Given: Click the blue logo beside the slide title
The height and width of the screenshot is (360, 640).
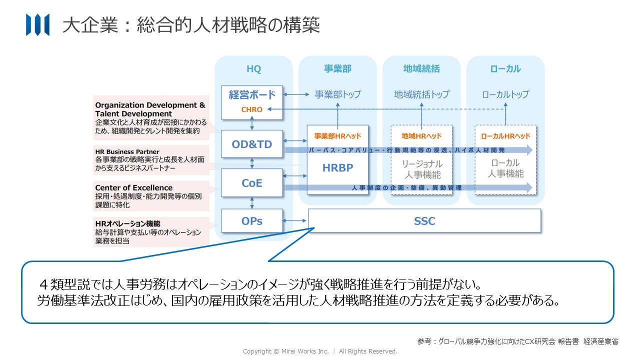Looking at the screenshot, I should pos(37,24).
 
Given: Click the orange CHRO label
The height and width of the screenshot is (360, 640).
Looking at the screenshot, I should pos(252,109).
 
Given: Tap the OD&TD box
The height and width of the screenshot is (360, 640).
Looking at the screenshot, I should pos(252,144).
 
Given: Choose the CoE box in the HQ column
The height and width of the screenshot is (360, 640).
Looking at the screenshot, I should pos(252,183).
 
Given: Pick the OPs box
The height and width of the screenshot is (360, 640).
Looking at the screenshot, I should pos(252,220).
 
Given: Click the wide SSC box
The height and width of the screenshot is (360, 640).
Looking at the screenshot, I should pos(424,220).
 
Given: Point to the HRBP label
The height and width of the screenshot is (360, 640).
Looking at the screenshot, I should pos(337,168).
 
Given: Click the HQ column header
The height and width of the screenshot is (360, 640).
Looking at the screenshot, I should pos(253,69).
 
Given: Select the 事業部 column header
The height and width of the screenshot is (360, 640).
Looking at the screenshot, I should pos(337,69).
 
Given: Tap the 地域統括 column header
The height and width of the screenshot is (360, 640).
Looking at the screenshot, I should pos(421,69).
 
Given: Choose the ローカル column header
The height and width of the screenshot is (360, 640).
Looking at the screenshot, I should pos(505,69).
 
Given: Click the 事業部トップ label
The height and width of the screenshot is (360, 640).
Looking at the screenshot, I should pos(337,94).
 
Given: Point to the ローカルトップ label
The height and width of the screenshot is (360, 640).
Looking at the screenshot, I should pos(505,94).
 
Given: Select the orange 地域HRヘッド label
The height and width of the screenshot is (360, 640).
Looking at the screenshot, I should pos(421,136).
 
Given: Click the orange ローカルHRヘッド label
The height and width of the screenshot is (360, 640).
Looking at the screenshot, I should pos(505,136).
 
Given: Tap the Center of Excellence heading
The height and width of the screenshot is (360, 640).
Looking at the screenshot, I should pos(133,188).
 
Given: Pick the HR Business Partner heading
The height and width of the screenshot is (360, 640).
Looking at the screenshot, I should pos(127,151).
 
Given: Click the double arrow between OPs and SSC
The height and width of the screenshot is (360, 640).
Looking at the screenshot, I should pos(295,220).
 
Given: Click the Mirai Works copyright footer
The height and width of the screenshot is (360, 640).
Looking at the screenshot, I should pos(320,351).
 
